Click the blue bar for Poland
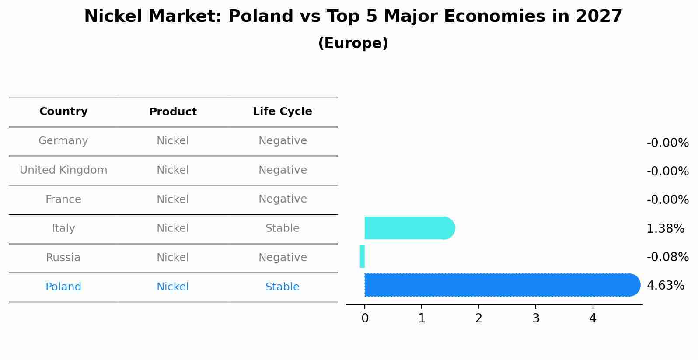[x=502, y=285]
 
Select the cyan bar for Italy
[x=409, y=228]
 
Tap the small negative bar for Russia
[x=362, y=256]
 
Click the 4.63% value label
[x=665, y=286]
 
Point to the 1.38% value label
[x=665, y=228]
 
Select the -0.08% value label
[x=667, y=257]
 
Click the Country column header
[x=63, y=112]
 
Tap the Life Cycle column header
[x=282, y=112]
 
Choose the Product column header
[x=173, y=112]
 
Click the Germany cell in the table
[x=63, y=141]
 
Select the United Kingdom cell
[x=63, y=170]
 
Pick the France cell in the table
[x=63, y=199]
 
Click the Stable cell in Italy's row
[x=282, y=228]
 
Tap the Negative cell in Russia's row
[x=282, y=258]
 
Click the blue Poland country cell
[x=63, y=287]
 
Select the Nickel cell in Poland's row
[x=173, y=287]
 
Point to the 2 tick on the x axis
[x=478, y=318]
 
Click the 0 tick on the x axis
[x=365, y=318]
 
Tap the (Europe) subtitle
[x=353, y=43]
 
